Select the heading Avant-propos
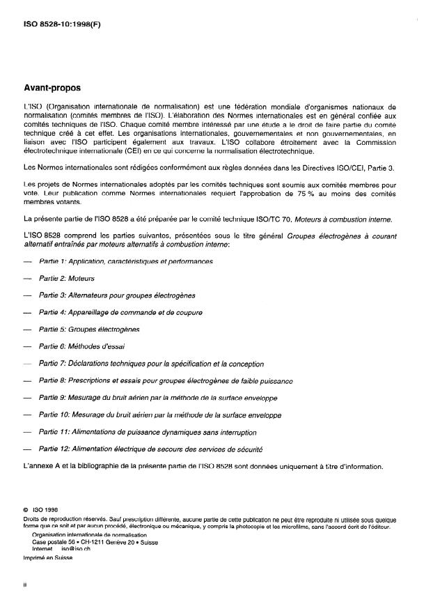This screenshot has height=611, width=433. pyautogui.click(x=52, y=88)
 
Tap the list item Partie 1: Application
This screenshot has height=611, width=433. pyautogui.click(x=126, y=261)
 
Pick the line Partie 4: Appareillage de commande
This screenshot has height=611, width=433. pyautogui.click(x=120, y=312)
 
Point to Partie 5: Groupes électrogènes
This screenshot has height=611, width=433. pyautogui.click(x=89, y=329)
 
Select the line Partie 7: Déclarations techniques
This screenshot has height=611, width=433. pyautogui.click(x=151, y=364)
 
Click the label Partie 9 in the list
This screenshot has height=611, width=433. pyautogui.click(x=52, y=398)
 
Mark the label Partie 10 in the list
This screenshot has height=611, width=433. pyautogui.click(x=54, y=415)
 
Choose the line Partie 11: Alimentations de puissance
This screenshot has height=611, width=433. pyautogui.click(x=148, y=433)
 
